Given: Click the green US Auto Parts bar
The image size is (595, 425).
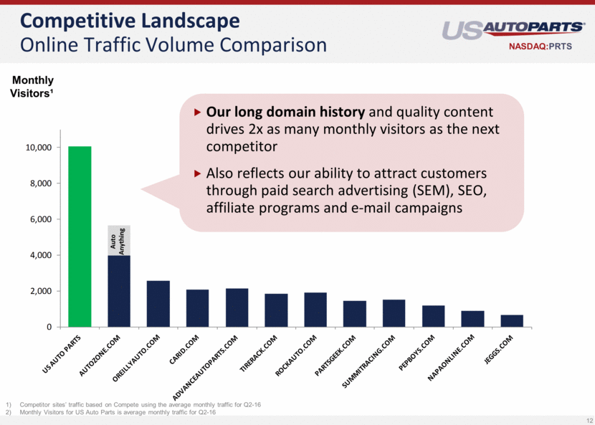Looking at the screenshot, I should click(80, 237).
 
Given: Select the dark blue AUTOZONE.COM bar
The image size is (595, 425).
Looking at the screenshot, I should click(119, 291).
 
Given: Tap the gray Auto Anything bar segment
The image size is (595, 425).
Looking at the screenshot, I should click(119, 240).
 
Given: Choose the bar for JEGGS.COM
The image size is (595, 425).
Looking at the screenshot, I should click(512, 321).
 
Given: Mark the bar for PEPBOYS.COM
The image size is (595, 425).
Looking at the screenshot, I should click(433, 316).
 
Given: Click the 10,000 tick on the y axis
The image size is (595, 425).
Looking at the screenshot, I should click(39, 148).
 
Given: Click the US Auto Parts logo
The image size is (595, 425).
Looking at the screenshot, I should click(513, 29).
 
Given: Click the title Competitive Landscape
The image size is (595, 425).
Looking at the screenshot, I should click(130, 19).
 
